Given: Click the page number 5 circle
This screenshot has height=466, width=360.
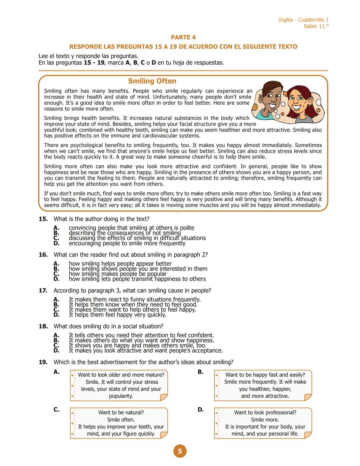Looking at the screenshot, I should [180, 451].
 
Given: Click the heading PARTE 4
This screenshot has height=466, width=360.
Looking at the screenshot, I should [183, 37].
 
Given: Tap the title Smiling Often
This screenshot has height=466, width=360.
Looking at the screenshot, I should [152, 81].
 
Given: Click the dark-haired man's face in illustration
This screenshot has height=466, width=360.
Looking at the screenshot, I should [271, 98].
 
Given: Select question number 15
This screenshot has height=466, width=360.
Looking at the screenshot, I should [43, 219].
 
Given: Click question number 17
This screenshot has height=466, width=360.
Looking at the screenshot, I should [43, 291].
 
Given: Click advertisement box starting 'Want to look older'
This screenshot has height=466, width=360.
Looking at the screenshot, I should [119, 385].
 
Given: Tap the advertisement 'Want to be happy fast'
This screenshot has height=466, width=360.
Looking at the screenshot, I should [263, 385].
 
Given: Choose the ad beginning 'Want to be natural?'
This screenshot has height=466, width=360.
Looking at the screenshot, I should [119, 423].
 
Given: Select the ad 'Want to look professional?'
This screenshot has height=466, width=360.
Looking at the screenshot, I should [263, 423].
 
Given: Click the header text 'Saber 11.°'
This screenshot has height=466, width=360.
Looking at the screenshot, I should [316, 26].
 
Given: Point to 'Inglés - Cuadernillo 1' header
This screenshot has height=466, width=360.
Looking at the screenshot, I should [303, 20].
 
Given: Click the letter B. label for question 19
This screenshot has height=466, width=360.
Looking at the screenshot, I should [200, 372].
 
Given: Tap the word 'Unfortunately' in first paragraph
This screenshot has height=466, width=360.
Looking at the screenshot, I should [170, 97].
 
